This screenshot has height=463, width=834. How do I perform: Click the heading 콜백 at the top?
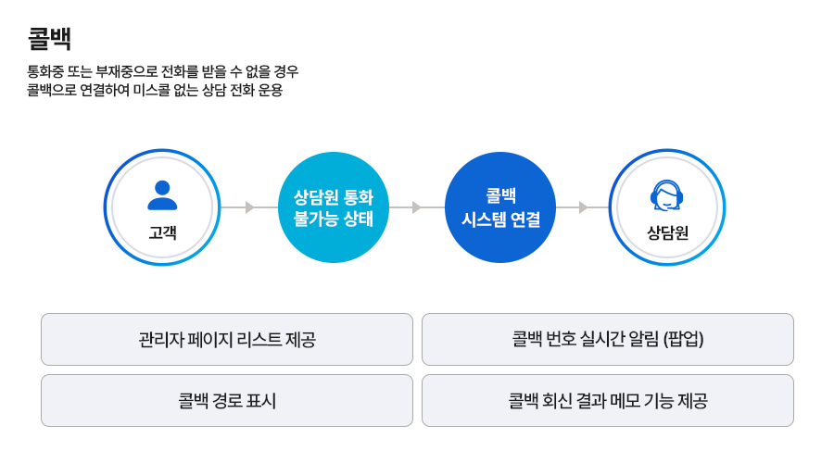click(49, 40)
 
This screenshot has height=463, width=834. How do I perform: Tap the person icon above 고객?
click(162, 195)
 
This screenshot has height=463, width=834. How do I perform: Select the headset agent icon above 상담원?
click(667, 195)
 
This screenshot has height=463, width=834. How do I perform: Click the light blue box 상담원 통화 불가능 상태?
click(333, 206)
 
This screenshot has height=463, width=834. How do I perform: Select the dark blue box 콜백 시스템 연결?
click(500, 206)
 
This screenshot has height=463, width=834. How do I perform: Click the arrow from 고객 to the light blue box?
click(246, 206)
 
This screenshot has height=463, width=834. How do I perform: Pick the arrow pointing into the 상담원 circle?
click(582, 206)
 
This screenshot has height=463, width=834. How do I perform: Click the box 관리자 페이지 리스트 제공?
click(227, 339)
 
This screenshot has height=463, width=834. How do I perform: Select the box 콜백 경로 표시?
click(227, 400)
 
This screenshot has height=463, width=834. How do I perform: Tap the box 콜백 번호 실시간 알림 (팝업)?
click(608, 339)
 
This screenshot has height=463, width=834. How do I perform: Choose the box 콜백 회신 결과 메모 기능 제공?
click(608, 400)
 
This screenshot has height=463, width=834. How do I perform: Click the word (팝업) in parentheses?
click(685, 339)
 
